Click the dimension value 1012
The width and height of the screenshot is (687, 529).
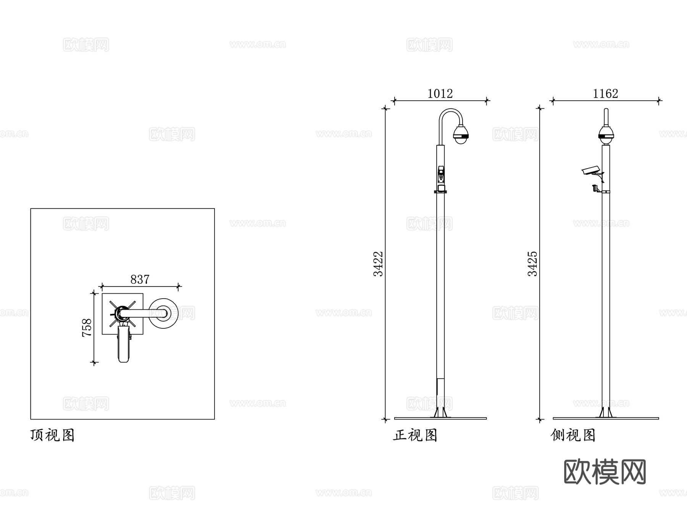[440, 93]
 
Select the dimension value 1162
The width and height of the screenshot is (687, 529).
[605, 93]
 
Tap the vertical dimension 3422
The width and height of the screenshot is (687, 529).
[378, 264]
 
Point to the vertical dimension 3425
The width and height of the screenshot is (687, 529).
[532, 264]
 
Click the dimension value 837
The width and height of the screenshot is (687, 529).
[140, 280]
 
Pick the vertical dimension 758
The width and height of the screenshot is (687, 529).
[87, 327]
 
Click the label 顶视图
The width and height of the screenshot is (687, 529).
[52, 435]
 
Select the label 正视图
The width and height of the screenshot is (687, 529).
[415, 435]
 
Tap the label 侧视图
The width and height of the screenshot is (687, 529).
[573, 435]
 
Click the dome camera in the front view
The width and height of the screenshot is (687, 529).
[461, 135]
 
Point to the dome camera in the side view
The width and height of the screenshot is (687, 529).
[606, 135]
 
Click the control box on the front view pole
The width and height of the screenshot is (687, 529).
[441, 175]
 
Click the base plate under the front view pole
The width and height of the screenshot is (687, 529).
[440, 418]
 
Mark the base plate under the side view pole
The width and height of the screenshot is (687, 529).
[606, 418]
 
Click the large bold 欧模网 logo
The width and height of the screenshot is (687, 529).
[605, 472]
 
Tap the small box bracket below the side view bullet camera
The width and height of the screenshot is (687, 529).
[595, 188]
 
